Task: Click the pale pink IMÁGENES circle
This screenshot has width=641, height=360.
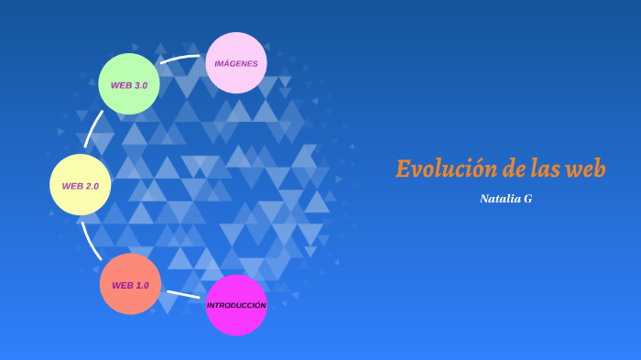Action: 236,63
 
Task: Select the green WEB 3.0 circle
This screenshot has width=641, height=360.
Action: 129,84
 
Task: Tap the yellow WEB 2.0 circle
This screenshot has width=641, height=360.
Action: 81,185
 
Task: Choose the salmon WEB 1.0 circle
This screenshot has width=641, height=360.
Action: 130,284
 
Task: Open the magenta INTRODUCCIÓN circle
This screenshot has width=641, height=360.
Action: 236,305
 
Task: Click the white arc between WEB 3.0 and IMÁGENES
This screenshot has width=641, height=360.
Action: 180,59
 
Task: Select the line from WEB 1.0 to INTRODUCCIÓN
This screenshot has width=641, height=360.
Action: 183,295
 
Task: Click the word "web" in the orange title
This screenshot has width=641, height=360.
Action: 586,169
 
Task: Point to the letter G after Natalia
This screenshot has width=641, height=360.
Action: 528,198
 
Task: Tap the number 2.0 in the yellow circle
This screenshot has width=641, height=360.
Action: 92,186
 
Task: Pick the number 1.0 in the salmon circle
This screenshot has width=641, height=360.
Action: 141,285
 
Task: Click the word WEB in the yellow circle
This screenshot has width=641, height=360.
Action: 72,186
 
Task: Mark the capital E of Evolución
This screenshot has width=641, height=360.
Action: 403,169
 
